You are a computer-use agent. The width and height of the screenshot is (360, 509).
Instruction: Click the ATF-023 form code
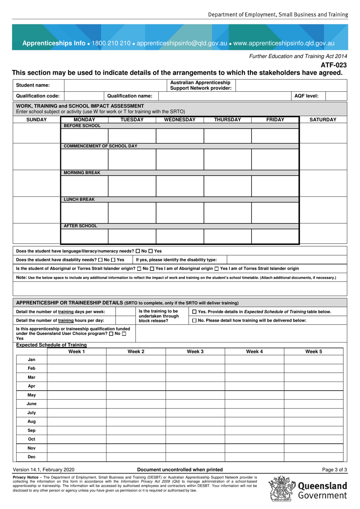333,65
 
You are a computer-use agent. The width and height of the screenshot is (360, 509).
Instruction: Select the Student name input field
115,85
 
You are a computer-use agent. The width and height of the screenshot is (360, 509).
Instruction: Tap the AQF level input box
336,96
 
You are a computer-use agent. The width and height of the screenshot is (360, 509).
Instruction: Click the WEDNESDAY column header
180,120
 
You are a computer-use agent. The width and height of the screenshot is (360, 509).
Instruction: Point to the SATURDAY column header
323,120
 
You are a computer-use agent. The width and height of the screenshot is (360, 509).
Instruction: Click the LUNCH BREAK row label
79,200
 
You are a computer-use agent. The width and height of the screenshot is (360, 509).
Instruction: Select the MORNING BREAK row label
82,173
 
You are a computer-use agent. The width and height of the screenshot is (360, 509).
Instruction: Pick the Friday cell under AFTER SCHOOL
275,237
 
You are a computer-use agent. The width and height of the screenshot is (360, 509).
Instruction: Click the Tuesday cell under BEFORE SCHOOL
132,136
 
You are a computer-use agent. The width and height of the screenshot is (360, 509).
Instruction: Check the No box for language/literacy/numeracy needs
138,251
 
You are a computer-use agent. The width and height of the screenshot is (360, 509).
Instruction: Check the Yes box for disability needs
113,260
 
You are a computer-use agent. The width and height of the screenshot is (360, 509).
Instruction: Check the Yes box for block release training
194,312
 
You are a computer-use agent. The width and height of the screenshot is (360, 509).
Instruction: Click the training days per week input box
125,312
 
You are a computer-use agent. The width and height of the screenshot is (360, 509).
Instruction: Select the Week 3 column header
195,352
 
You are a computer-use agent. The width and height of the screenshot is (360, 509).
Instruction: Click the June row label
31,404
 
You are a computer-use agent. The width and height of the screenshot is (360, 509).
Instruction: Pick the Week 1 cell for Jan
77,360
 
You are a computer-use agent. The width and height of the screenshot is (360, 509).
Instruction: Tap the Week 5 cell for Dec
313,457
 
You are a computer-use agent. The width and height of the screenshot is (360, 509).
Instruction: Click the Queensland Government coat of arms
282,489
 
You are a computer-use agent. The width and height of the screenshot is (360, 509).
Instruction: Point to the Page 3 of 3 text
334,470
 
